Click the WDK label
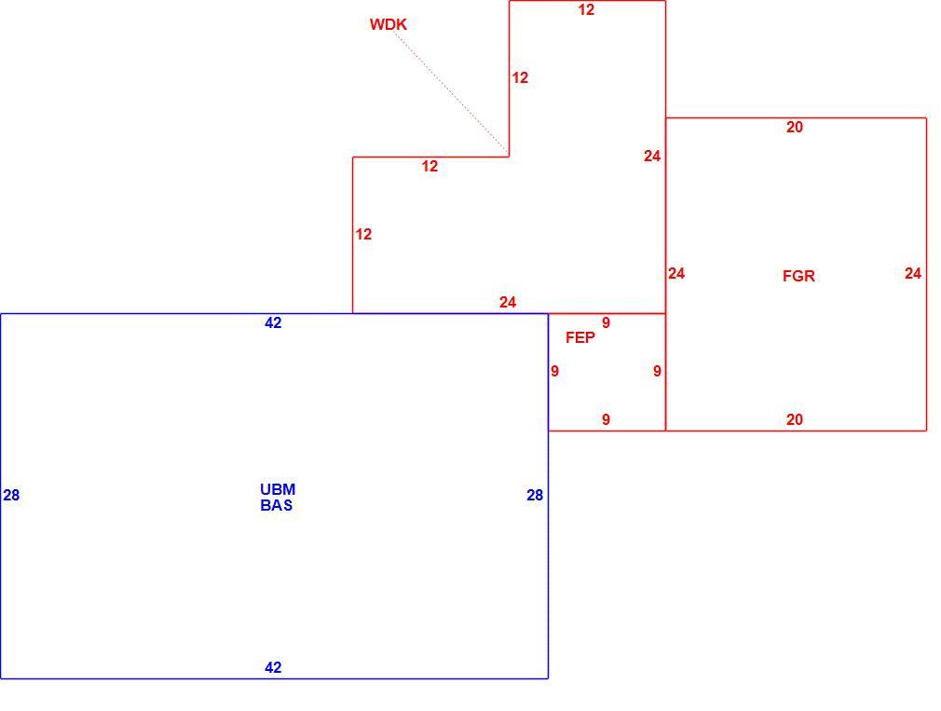point(389,24)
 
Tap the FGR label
point(798,276)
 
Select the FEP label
point(580,338)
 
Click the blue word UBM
point(278,489)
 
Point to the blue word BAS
point(277,505)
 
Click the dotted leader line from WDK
point(452,93)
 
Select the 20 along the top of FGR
point(795,128)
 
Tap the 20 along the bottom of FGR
point(795,420)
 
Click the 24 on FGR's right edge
point(913,274)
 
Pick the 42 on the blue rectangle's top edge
point(273,322)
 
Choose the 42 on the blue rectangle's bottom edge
point(273,667)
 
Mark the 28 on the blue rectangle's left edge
point(11,495)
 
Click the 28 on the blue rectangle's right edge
point(535,495)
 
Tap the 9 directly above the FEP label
point(607,322)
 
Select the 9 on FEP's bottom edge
point(607,420)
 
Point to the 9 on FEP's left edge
point(555,372)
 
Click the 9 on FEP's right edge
point(657,372)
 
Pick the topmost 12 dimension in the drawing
point(586,9)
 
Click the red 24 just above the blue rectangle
point(508,303)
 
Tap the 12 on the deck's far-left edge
point(363,234)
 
